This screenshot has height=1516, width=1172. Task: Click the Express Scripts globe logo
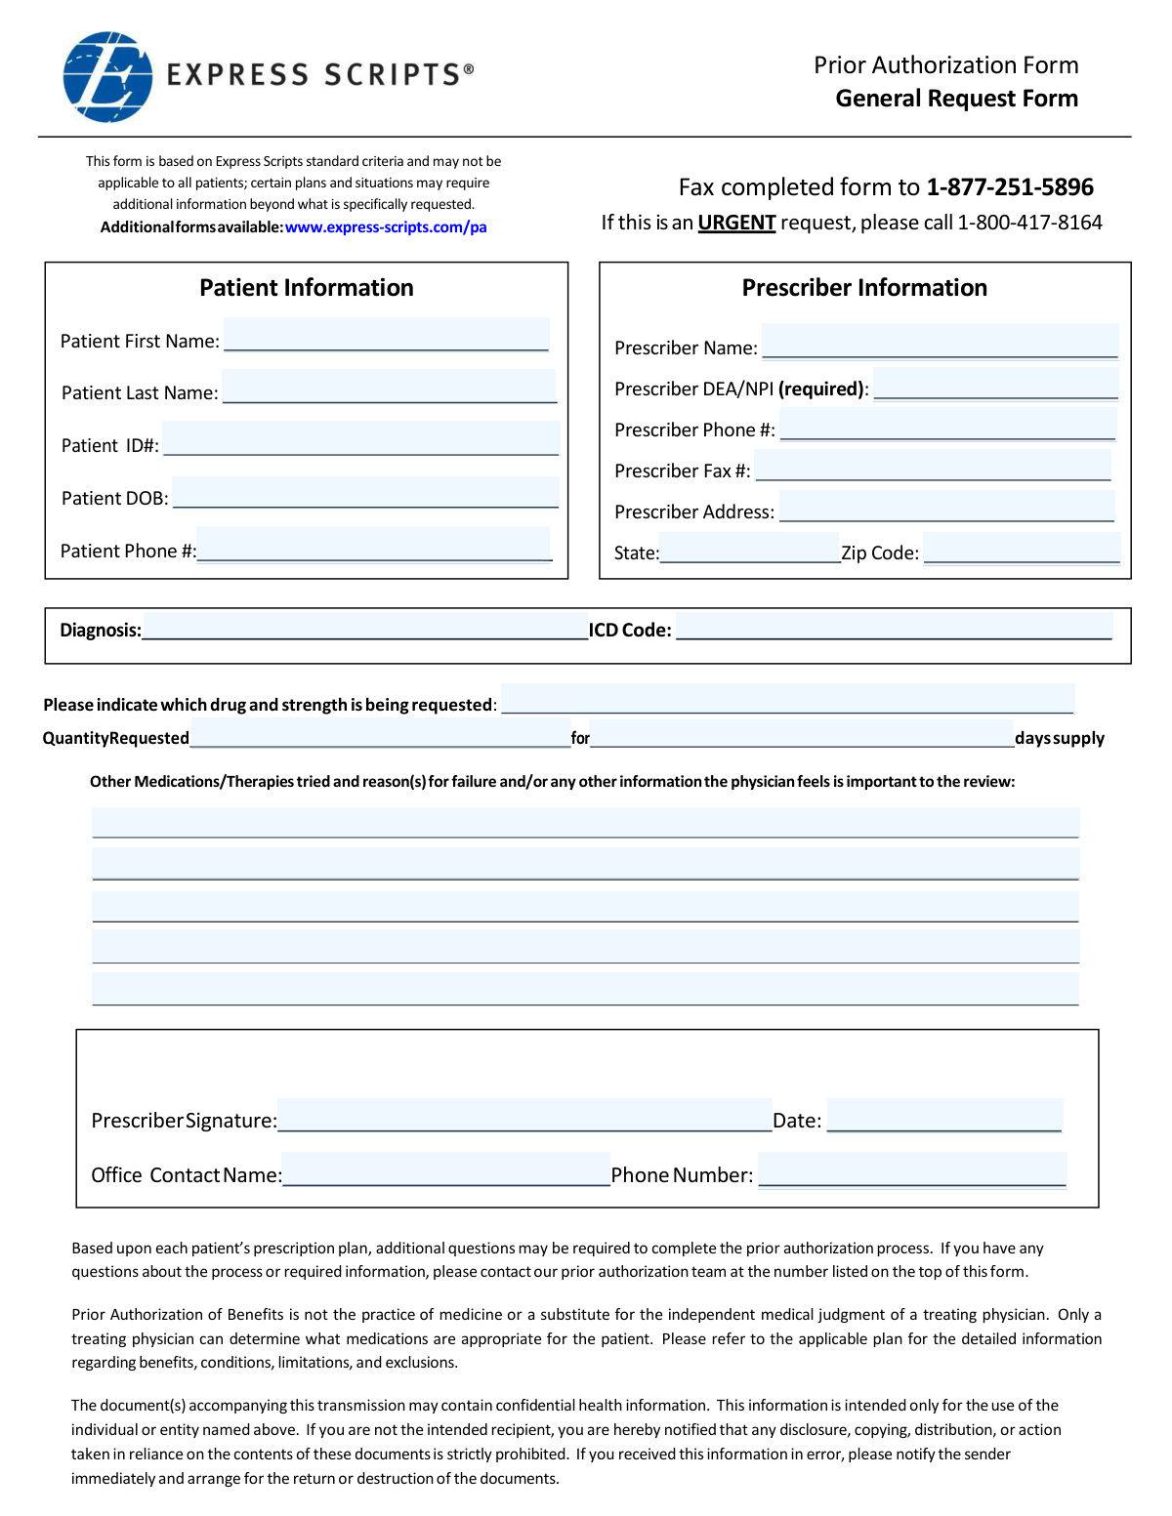107,77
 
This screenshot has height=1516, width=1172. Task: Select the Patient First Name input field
386,335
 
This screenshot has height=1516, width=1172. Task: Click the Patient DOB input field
365,492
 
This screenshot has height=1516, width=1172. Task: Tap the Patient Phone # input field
373,545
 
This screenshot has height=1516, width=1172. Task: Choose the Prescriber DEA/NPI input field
995,383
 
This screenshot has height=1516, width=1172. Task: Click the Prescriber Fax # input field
933,465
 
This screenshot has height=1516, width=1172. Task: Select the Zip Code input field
1021,548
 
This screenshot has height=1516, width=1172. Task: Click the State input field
749,548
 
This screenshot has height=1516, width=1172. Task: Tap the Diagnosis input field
364,626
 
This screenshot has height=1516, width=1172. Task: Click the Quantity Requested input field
380,733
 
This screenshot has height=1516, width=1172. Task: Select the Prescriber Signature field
524,1115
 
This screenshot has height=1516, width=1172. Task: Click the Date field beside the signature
944,1115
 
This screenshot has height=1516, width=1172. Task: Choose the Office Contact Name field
446,1168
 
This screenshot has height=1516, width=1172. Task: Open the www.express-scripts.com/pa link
386,227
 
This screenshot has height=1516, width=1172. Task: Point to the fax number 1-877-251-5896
1010,187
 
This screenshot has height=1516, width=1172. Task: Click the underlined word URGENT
736,223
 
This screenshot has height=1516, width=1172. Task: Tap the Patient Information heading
307,288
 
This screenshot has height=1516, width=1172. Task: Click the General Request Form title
956,99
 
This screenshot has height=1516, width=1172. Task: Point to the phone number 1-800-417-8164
1029,223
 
